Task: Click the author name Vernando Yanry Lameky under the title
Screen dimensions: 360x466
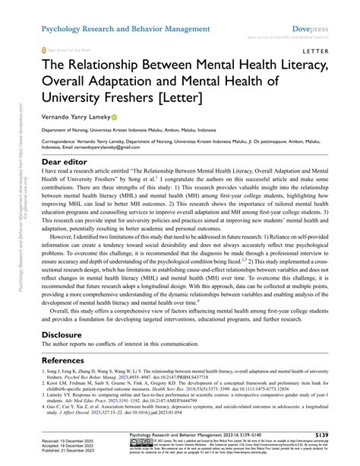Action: coord(77,118)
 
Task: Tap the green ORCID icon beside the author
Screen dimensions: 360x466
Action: coord(115,118)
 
